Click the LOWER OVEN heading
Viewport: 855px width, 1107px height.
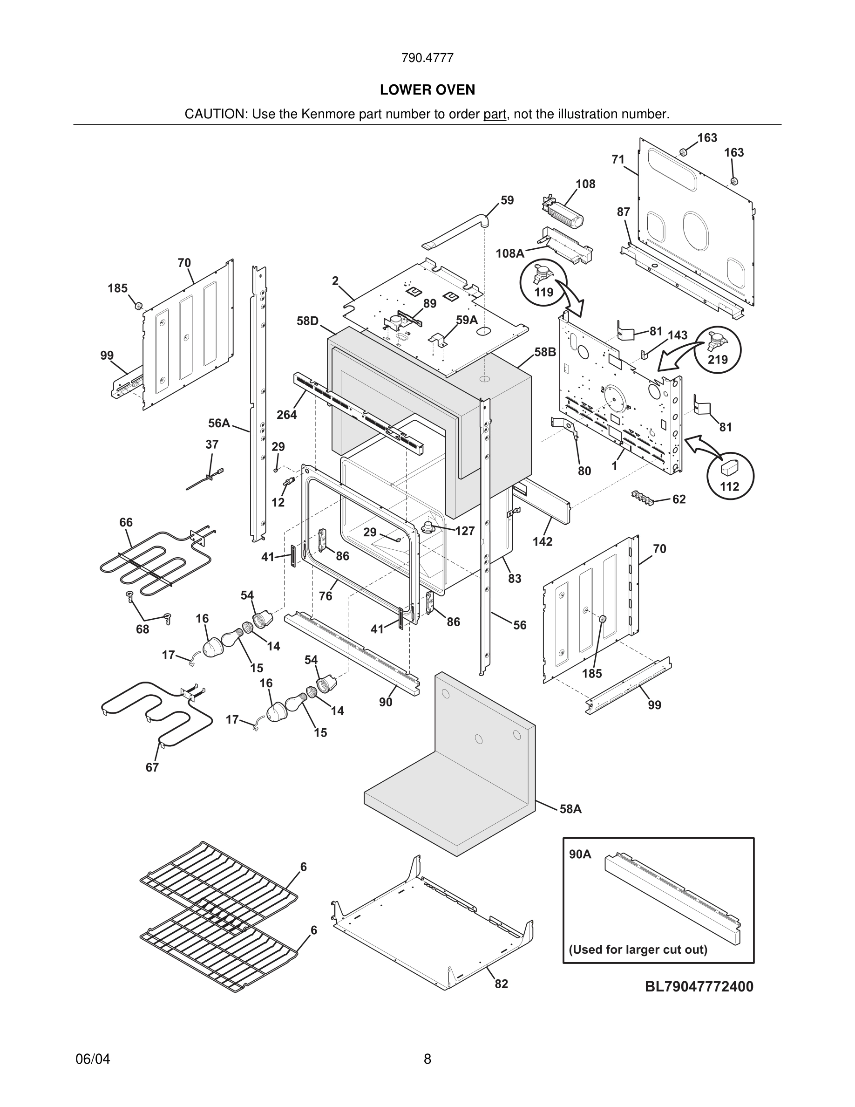(x=427, y=90)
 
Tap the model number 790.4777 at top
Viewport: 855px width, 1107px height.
(x=427, y=58)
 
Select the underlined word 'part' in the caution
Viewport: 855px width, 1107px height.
(x=495, y=114)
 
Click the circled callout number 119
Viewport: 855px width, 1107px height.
(x=543, y=293)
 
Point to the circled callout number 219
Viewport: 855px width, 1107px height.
(x=717, y=359)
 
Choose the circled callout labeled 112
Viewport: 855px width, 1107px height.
(x=729, y=486)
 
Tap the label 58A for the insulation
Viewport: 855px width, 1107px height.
(x=570, y=809)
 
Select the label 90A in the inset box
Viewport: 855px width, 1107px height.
(x=580, y=854)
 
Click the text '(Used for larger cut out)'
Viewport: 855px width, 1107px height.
(x=638, y=950)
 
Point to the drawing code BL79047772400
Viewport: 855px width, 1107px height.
(x=699, y=986)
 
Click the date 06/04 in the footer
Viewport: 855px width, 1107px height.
(x=93, y=1059)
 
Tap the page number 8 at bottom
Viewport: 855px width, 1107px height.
(x=427, y=1059)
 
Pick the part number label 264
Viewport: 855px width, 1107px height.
(x=286, y=415)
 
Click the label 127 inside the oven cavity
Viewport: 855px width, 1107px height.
(x=464, y=531)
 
